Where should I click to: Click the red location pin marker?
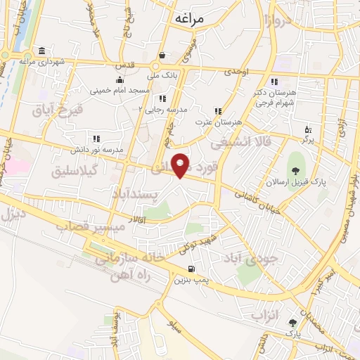[x=181, y=165]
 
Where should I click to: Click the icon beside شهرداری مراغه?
[x=41, y=51]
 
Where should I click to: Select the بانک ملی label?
[x=162, y=71]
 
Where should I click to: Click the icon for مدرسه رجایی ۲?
[x=162, y=98]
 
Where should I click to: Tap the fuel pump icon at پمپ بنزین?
[x=191, y=270]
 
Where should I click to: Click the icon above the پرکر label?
[x=308, y=129]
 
